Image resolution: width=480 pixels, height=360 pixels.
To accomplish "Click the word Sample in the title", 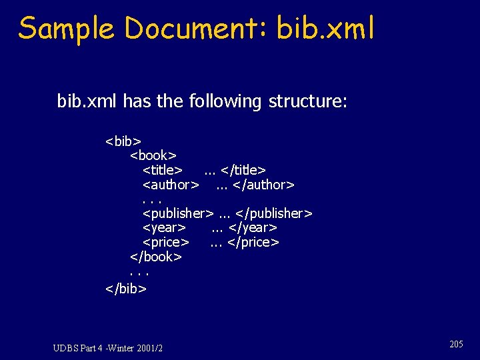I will click(x=65, y=29).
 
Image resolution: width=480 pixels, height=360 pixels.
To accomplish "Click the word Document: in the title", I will click(x=194, y=29).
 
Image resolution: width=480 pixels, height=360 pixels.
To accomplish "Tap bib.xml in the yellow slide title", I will click(x=325, y=29).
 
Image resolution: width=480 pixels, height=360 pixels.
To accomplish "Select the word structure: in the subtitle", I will click(x=307, y=101).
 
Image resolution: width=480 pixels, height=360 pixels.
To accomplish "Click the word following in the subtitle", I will click(x=226, y=101).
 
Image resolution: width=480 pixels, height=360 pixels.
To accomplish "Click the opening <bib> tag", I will click(x=123, y=141).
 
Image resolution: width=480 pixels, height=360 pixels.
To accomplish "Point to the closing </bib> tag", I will click(x=125, y=288).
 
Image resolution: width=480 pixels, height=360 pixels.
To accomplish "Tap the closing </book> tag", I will click(x=156, y=257).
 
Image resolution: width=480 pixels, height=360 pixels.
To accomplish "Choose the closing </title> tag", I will click(x=243, y=171).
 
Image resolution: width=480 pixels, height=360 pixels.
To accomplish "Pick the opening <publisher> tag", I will click(x=178, y=213).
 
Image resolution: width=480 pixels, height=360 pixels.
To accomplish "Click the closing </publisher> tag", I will click(x=274, y=213).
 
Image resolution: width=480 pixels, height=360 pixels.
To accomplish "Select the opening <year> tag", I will click(x=164, y=228).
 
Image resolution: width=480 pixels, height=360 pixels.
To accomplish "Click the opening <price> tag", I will click(x=166, y=242).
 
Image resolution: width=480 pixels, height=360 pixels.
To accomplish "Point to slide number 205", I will click(x=456, y=344).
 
